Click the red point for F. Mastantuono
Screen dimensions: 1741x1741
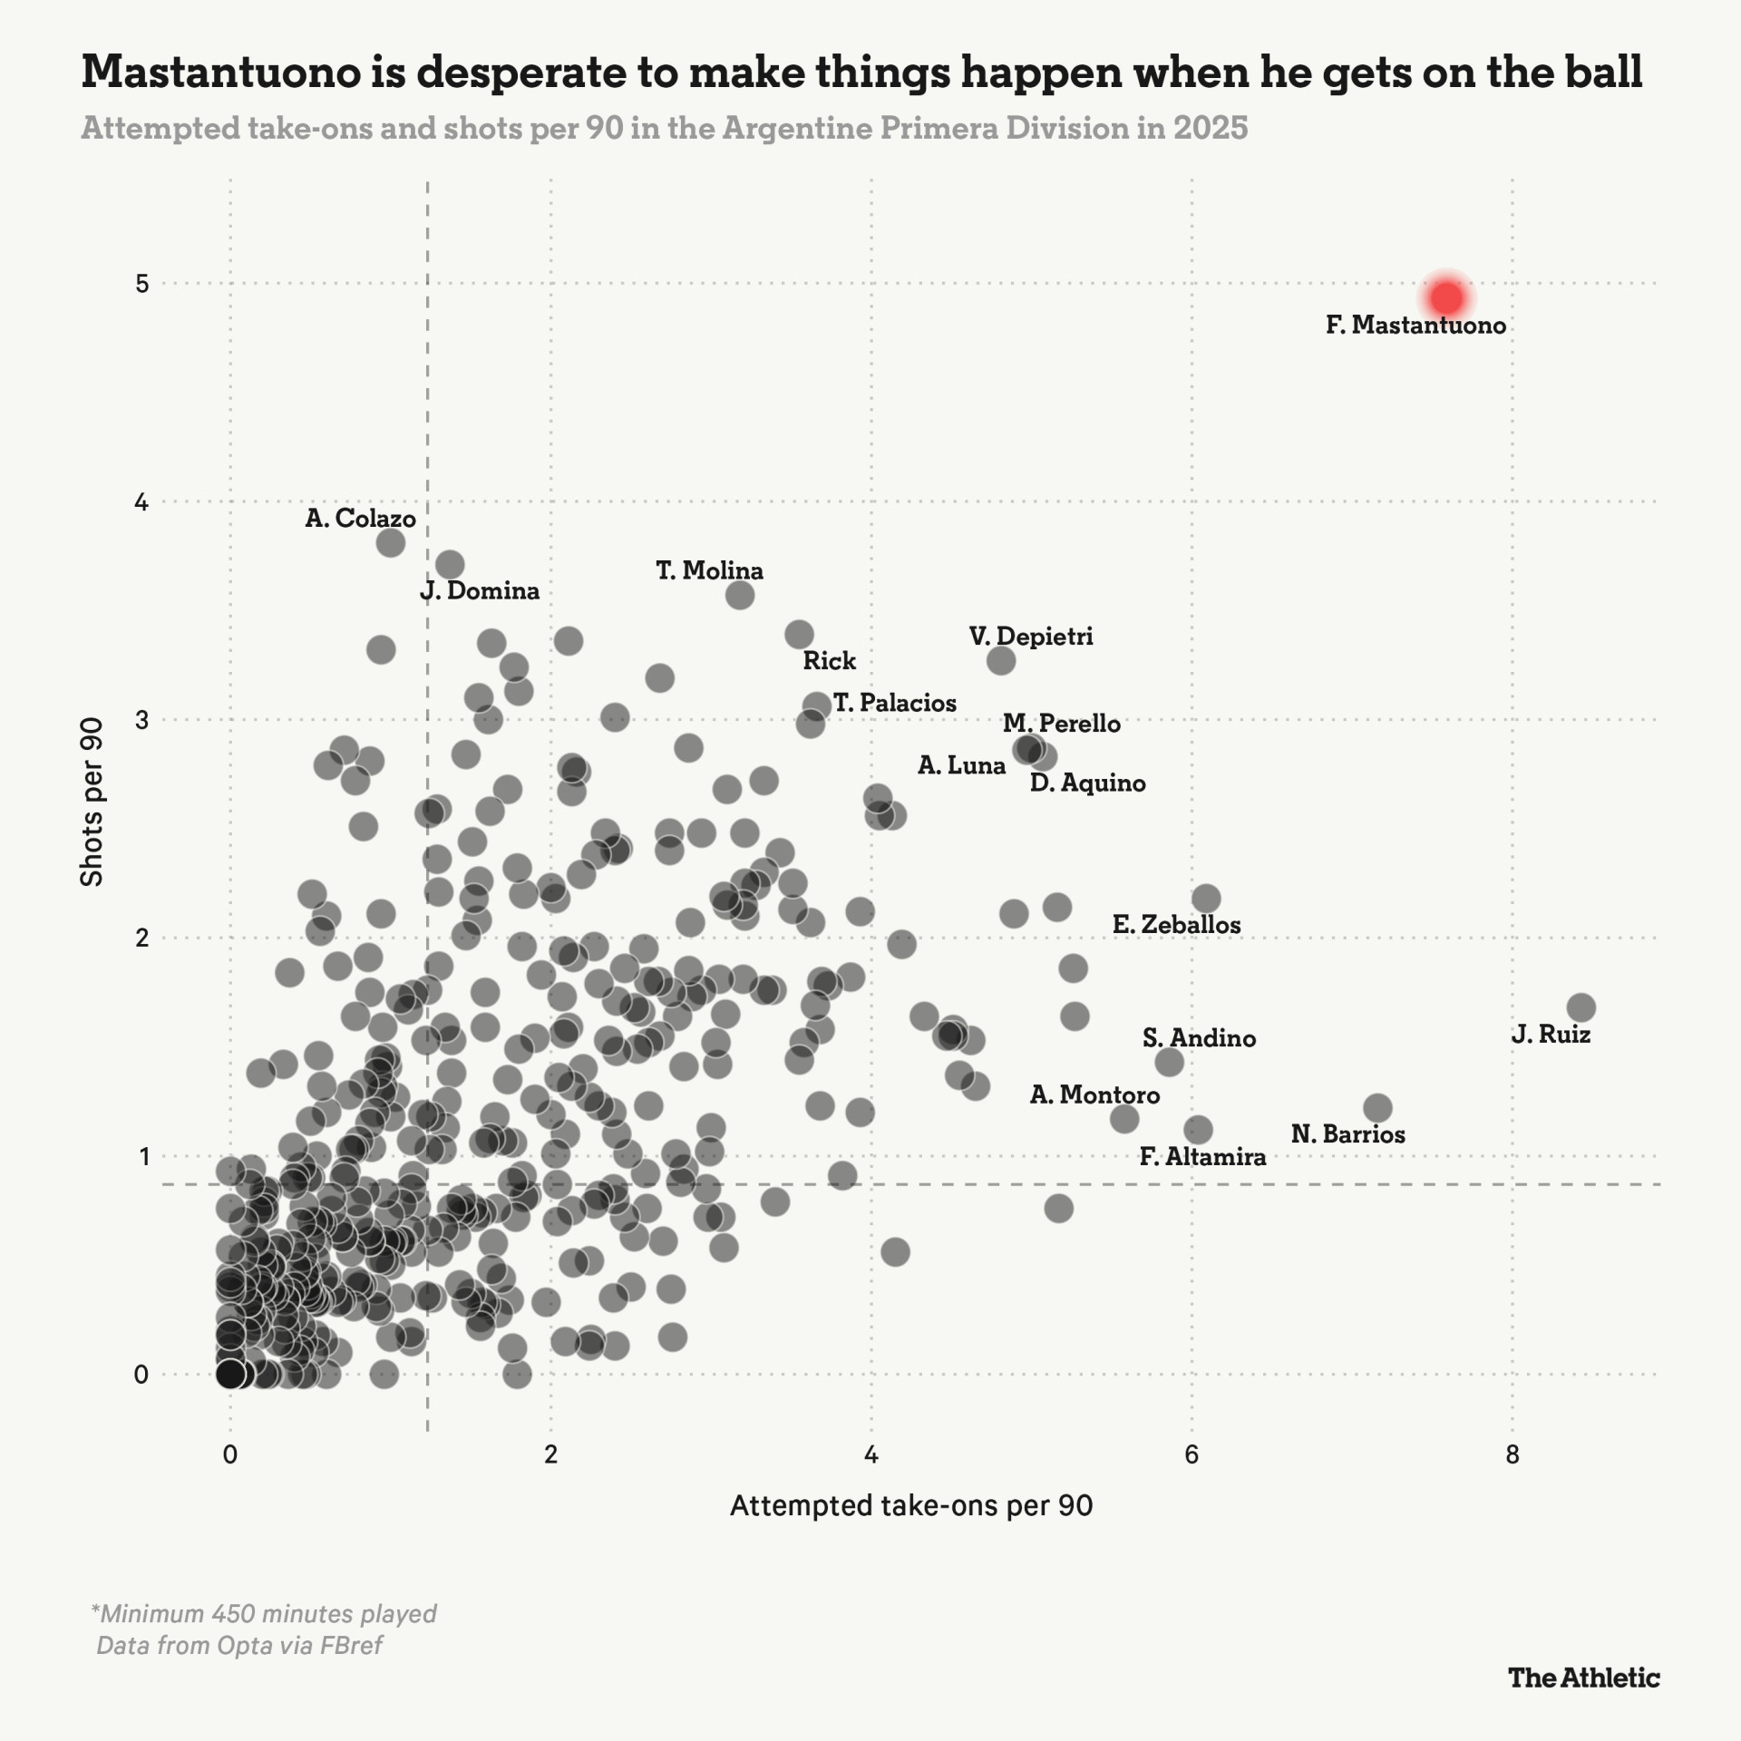1446,297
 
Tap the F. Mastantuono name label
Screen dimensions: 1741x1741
1415,326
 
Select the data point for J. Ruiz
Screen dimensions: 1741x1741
1581,1007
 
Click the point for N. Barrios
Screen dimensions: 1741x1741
1377,1108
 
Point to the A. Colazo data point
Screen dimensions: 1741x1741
390,543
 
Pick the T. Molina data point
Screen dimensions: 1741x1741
740,596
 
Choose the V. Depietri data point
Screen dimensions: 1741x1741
1001,660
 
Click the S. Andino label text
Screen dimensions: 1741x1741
1199,1038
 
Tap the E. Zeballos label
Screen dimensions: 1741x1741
1176,925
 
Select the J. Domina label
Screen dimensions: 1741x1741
480,591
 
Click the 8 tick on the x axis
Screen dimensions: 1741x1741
1512,1455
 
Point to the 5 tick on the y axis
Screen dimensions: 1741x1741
141,284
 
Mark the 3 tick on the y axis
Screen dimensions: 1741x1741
141,720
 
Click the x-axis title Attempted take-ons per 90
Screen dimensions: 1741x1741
911,1506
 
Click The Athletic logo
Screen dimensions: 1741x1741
1583,1678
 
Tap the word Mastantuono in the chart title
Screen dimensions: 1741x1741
220,73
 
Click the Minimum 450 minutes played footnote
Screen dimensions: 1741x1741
264,1614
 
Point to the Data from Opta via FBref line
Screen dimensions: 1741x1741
239,1645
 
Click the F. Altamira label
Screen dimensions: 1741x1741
1202,1157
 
